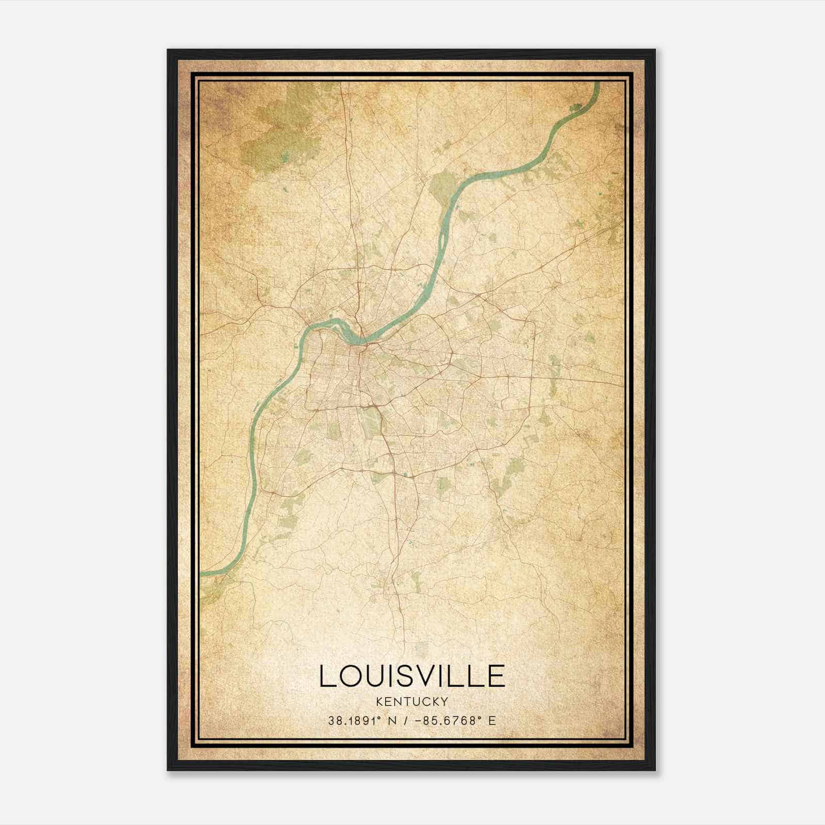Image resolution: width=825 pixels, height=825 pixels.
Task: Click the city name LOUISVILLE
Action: coord(412,676)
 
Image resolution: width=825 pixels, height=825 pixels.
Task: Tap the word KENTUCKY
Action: coord(412,701)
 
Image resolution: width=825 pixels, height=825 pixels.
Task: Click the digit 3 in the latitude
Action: coord(331,721)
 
